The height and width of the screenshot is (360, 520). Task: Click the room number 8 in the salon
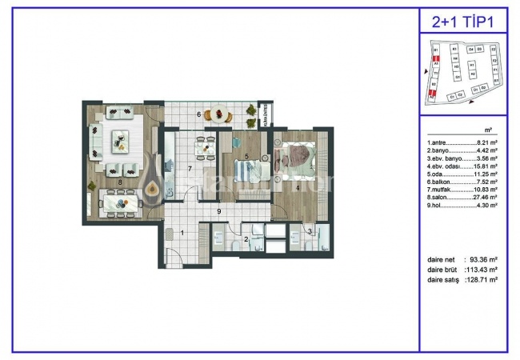click(120, 182)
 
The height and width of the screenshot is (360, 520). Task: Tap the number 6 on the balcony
click(199, 114)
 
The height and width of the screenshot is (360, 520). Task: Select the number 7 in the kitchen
click(189, 169)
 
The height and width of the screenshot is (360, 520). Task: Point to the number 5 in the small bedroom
click(247, 157)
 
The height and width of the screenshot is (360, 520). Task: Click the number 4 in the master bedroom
click(298, 188)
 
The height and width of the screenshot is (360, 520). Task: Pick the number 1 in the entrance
click(182, 233)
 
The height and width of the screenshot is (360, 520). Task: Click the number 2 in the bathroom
click(247, 239)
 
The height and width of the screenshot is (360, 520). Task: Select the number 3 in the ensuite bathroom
click(310, 232)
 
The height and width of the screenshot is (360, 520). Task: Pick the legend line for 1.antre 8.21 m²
click(463, 141)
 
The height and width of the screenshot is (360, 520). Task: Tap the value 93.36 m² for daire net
click(482, 260)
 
